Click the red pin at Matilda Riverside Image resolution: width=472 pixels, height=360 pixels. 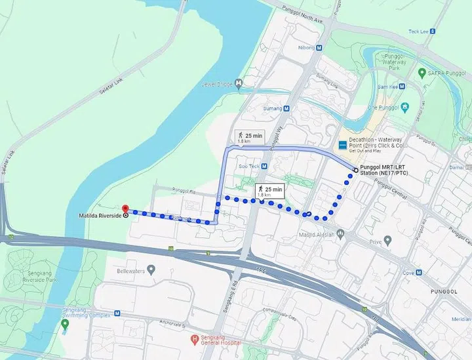(125, 209)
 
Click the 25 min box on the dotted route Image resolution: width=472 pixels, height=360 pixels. (269, 191)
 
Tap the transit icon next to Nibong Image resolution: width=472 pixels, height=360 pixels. (319, 48)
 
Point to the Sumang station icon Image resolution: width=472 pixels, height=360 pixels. (290, 108)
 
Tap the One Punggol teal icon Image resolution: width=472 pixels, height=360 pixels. (405, 106)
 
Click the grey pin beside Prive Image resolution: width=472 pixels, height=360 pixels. (387, 241)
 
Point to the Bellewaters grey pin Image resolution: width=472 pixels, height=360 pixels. (151, 269)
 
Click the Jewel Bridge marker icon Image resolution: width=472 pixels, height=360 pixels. (239, 83)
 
